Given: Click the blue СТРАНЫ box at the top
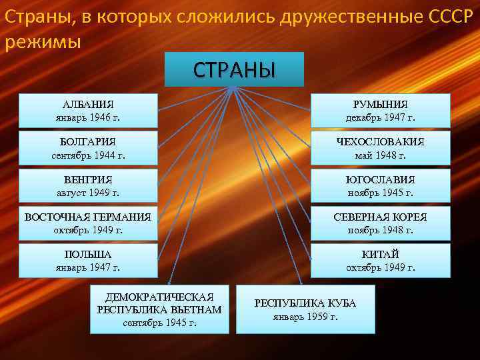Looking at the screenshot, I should pyautogui.click(x=234, y=69).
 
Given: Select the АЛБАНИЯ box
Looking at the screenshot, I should pyautogui.click(x=88, y=111).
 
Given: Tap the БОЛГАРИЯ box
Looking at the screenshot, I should pyautogui.click(x=88, y=148).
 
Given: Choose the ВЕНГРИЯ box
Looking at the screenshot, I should pyautogui.click(x=88, y=186).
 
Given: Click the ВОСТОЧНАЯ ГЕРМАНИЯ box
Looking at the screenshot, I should pyautogui.click(x=88, y=223).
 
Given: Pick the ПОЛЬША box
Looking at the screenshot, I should pyautogui.click(x=88, y=261).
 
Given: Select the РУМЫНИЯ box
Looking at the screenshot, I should pyautogui.click(x=380, y=111).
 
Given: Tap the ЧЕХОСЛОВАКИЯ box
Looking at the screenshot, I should pyautogui.click(x=380, y=148).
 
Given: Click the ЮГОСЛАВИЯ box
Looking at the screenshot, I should pyautogui.click(x=380, y=186).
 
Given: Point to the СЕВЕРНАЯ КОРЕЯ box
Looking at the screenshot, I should pyautogui.click(x=380, y=223).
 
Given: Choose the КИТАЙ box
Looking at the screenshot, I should pyautogui.click(x=380, y=261).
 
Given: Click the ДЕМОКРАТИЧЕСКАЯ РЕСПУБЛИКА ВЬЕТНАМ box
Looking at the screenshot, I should pyautogui.click(x=159, y=309).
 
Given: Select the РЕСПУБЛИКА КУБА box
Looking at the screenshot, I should pyautogui.click(x=305, y=309).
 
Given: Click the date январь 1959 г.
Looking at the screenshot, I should pyautogui.click(x=305, y=317).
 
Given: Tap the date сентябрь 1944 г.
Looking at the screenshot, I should pyautogui.click(x=88, y=155).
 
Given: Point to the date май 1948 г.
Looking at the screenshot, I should pyautogui.click(x=380, y=155).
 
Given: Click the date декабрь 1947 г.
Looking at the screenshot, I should pyautogui.click(x=380, y=118).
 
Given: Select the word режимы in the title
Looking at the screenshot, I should pyautogui.click(x=43, y=42).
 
